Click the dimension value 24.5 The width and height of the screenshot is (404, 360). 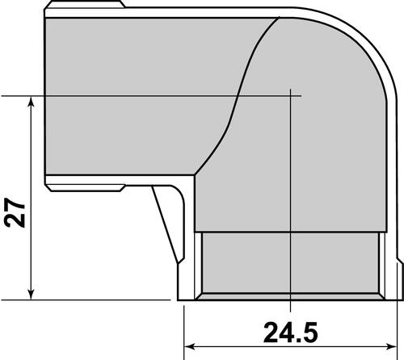pos(288,331)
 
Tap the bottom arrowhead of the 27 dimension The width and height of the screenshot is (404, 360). pos(31,292)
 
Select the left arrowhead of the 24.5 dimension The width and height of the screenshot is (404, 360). pos(189,349)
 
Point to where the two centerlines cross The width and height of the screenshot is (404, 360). pos(289,95)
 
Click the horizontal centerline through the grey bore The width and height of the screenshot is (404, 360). pos(162,95)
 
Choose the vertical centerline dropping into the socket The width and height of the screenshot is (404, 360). pos(289,202)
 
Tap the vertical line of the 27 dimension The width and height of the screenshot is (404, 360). pos(31,161)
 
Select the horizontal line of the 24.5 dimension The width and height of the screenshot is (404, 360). pos(242,349)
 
